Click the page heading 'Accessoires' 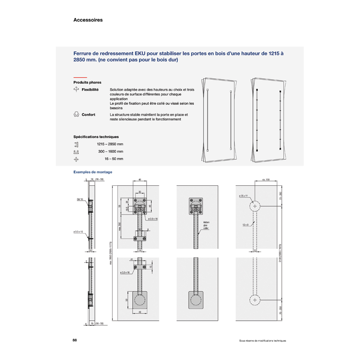(88, 20)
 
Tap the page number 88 (75, 340)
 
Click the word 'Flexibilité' (90, 90)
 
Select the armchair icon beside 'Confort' (76, 115)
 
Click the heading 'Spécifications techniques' (96, 137)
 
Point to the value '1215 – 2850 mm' (110, 144)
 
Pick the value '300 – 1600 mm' (111, 152)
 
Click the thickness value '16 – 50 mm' (114, 159)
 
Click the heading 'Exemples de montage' (93, 172)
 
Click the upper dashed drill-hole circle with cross (255, 206)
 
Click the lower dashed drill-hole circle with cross (255, 300)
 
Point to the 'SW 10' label (80, 198)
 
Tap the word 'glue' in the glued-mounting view (206, 225)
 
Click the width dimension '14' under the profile (140, 250)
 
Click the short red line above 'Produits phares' (80, 77)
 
